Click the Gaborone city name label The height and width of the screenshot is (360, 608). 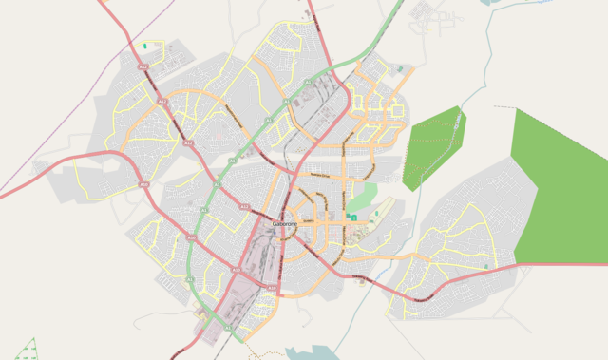[285, 223]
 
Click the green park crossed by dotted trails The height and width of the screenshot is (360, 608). [432, 147]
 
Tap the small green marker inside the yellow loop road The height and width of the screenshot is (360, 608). [144, 46]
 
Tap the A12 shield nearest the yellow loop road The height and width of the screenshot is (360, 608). [143, 68]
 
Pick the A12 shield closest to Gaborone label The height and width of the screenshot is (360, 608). [243, 206]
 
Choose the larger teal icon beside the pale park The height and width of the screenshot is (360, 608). [353, 219]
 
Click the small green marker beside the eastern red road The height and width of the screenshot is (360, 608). [485, 267]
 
